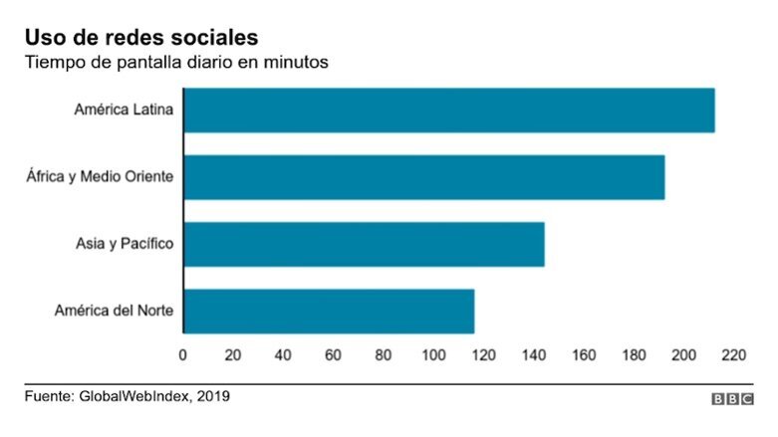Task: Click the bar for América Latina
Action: [448, 110]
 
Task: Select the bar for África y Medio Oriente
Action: [423, 177]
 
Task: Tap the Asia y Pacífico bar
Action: [364, 244]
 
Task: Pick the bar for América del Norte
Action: [329, 311]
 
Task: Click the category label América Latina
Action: [124, 110]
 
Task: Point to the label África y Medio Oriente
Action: [100, 177]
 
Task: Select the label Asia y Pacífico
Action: [125, 244]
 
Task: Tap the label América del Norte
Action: [114, 311]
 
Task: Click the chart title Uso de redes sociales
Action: [141, 37]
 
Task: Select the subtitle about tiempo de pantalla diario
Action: [175, 63]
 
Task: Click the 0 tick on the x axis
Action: [182, 354]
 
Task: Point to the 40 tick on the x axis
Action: [283, 354]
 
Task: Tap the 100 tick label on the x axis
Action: [433, 354]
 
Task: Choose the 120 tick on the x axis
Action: [484, 354]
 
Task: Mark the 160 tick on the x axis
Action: [584, 354]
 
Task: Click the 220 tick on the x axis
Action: [734, 354]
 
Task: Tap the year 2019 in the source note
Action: [212, 396]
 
